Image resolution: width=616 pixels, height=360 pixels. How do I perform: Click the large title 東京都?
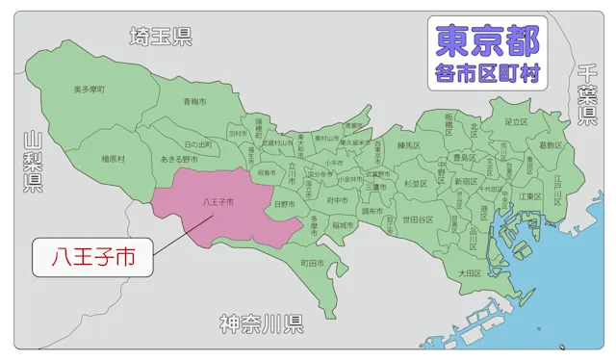(x=487, y=40)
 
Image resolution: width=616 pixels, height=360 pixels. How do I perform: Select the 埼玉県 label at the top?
(x=161, y=37)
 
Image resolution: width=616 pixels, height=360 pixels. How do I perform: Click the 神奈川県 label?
(x=261, y=322)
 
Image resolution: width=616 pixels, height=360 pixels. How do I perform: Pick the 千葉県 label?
(x=586, y=95)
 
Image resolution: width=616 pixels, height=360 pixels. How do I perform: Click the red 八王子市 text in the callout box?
(x=92, y=258)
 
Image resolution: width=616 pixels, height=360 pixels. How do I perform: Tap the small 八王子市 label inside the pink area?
(x=218, y=203)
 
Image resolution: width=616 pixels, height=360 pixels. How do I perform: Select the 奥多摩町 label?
(x=89, y=90)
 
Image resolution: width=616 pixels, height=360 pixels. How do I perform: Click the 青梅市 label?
(x=196, y=100)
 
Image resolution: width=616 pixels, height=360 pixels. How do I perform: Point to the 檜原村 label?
(x=113, y=158)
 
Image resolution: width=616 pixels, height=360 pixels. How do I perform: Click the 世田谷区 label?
(x=418, y=219)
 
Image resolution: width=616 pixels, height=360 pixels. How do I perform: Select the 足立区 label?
(x=518, y=122)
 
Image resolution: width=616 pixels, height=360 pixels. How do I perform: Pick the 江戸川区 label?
(x=556, y=184)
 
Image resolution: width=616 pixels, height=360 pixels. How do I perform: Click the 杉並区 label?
(x=415, y=182)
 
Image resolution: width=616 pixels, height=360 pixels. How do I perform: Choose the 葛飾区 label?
(x=551, y=145)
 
